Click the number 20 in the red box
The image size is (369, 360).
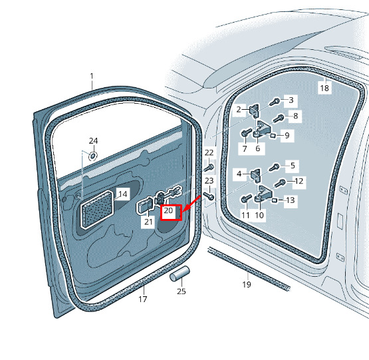click(168, 210)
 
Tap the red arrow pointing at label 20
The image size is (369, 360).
click(191, 204)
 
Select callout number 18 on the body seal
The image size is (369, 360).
click(324, 88)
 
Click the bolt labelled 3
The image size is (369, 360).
click(275, 102)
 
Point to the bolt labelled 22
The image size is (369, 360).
click(209, 168)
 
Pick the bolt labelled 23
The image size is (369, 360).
click(209, 196)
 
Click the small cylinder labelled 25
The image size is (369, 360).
click(180, 273)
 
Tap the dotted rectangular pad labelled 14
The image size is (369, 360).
click(96, 210)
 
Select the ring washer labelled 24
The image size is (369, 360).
click(93, 156)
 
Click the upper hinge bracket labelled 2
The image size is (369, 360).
click(255, 110)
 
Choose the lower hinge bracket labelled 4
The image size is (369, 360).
click(256, 176)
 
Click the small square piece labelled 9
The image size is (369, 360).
click(273, 136)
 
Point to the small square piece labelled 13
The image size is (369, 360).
click(274, 200)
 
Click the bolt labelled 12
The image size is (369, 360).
click(280, 183)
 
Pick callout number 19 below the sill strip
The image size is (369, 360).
click(247, 285)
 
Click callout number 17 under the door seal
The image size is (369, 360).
click(142, 299)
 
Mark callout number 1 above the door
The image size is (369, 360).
click(92, 76)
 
